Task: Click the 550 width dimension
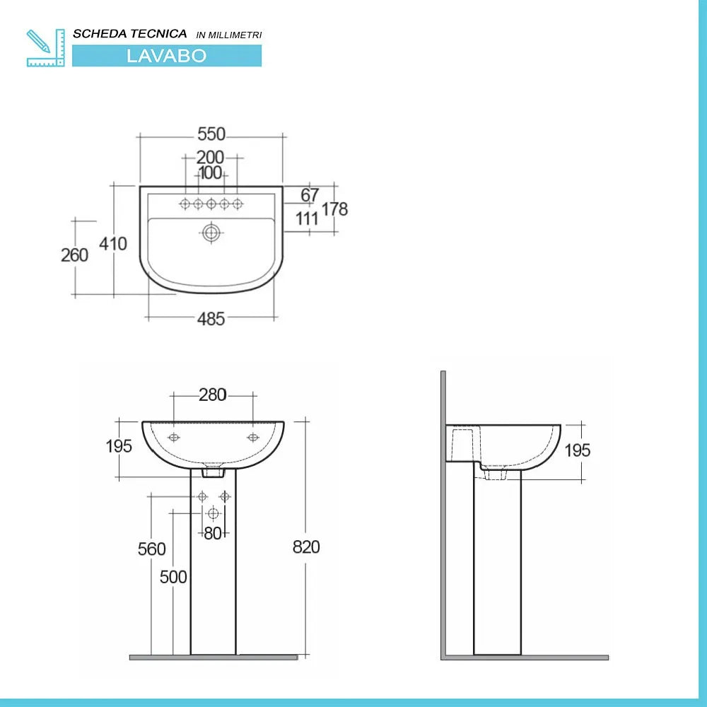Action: click(x=211, y=134)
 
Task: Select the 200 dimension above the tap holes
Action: click(x=210, y=157)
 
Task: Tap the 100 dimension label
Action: click(x=210, y=173)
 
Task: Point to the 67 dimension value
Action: click(x=310, y=195)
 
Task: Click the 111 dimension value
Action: click(x=308, y=218)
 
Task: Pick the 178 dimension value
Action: click(x=335, y=209)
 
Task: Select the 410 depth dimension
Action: click(x=113, y=244)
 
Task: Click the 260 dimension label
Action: click(x=74, y=255)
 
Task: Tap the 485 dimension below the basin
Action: click(x=211, y=319)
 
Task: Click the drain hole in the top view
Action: click(x=211, y=232)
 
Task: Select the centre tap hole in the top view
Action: click(x=211, y=204)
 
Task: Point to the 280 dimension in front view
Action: click(x=212, y=395)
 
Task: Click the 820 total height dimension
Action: click(x=306, y=547)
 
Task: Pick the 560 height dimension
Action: click(x=152, y=549)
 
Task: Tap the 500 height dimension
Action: click(x=173, y=577)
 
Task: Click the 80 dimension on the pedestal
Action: click(x=213, y=534)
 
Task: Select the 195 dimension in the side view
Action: click(x=578, y=450)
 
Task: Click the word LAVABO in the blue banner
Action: click(x=166, y=57)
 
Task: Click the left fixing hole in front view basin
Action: click(x=174, y=438)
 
